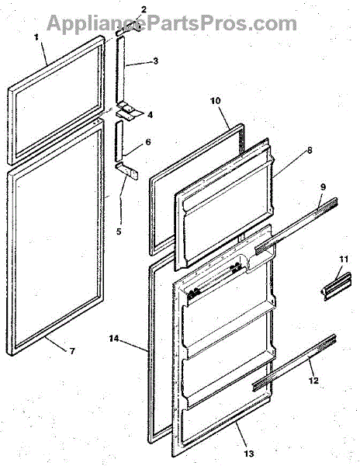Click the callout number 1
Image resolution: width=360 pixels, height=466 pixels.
(36, 37)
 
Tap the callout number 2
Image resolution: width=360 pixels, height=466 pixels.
(144, 9)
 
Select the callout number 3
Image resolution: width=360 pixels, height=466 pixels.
(156, 61)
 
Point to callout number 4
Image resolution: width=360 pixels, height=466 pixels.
(151, 115)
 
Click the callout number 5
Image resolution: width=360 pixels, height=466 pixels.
(119, 231)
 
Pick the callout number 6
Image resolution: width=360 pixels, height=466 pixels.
(148, 142)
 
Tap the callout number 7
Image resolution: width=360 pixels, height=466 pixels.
(72, 351)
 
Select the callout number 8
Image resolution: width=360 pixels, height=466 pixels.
(310, 151)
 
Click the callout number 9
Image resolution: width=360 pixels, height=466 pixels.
(324, 187)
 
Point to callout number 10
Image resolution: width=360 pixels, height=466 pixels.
(216, 101)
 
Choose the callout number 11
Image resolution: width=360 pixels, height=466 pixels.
(344, 259)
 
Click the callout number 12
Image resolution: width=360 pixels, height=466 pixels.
(313, 380)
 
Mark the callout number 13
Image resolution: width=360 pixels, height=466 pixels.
(249, 454)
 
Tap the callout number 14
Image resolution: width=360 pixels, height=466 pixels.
(114, 339)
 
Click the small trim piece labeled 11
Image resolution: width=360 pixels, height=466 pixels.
(337, 286)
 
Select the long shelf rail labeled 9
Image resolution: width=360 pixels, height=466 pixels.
(296, 225)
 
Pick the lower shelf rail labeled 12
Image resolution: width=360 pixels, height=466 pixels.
(294, 362)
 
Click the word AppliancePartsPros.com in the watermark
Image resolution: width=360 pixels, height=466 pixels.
(171, 23)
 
